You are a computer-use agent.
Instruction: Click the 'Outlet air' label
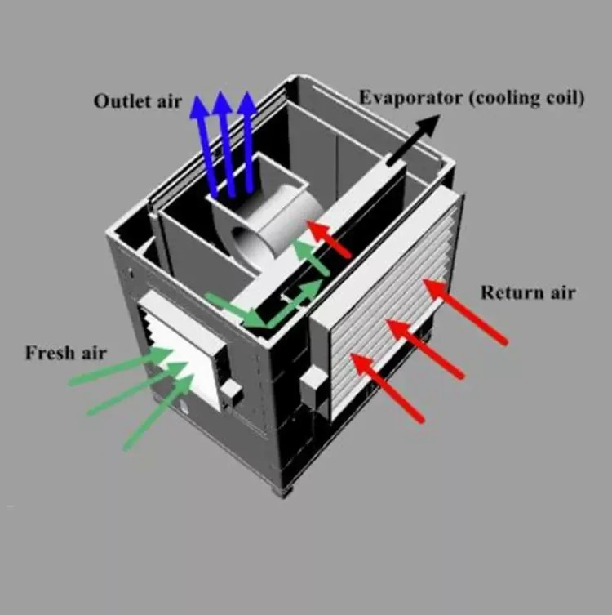tap(137, 102)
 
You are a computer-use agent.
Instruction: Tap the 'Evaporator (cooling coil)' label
tap(472, 98)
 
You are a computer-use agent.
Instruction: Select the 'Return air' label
tap(527, 292)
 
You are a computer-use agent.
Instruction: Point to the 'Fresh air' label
tap(65, 353)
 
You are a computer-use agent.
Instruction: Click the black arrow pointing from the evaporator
tap(413, 139)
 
